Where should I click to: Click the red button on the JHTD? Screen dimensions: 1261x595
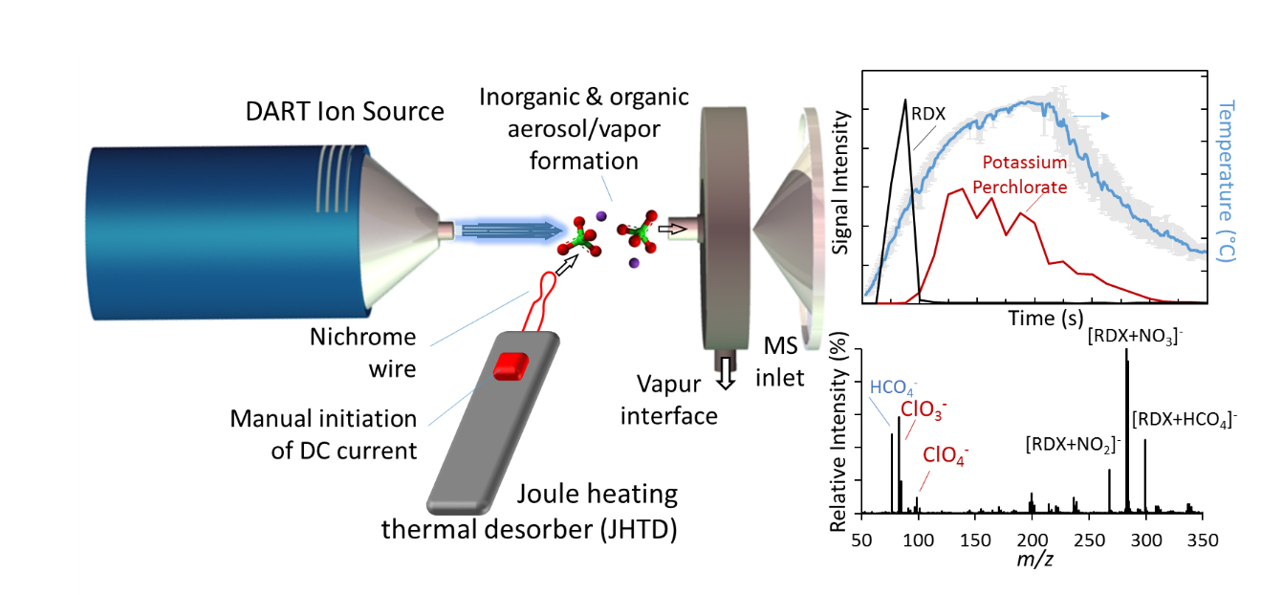(x=511, y=366)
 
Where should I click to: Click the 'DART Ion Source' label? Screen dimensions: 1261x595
(x=344, y=112)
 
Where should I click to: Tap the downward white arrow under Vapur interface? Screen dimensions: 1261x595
(x=727, y=373)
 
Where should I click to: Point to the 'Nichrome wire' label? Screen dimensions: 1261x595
(x=363, y=353)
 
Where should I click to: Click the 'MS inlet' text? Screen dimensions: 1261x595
(x=780, y=362)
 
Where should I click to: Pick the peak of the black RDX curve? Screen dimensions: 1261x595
(x=904, y=100)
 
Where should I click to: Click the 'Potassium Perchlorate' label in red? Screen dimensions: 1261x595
(x=1020, y=175)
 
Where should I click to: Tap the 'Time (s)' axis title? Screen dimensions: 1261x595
(x=1046, y=319)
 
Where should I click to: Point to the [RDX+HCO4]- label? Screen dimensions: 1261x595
(x=1185, y=420)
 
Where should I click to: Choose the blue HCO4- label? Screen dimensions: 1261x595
(x=893, y=387)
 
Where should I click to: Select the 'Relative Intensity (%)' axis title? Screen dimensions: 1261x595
(x=838, y=431)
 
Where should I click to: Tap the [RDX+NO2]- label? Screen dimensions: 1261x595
(x=1073, y=445)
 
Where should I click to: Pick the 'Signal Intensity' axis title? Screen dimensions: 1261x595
(x=841, y=183)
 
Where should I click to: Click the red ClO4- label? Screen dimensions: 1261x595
(x=946, y=455)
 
